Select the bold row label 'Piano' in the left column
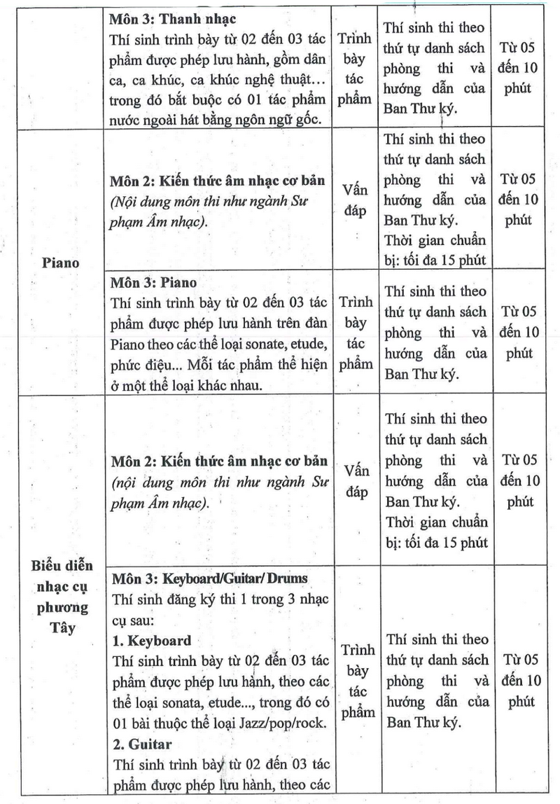(60, 263)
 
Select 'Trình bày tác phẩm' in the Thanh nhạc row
(356, 67)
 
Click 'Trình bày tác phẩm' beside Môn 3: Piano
(356, 333)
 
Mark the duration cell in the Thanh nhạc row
(519, 69)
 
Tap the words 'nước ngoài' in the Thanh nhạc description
(138, 119)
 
